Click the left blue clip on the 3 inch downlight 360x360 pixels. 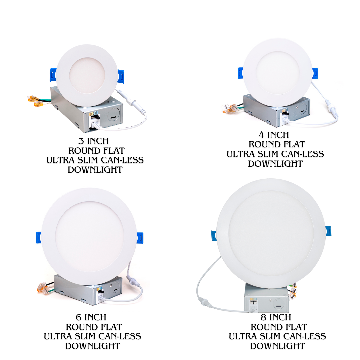53,74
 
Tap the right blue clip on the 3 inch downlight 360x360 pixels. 122,76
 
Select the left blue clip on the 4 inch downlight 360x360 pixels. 240,73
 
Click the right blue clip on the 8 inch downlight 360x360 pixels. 328,231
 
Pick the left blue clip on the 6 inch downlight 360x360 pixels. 38,237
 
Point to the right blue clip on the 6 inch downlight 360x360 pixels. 140,238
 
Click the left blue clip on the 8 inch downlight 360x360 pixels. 214,235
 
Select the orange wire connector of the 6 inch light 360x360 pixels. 41,287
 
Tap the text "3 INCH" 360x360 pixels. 94,141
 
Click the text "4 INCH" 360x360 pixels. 274,135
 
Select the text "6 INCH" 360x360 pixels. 91,317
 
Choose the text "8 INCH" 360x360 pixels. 276,317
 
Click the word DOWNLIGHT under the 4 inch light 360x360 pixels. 275,164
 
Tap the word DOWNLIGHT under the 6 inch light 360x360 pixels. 92,346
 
